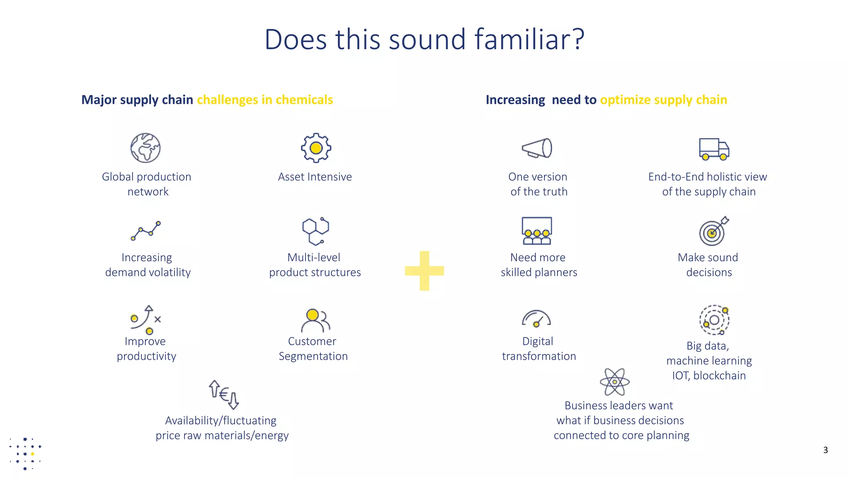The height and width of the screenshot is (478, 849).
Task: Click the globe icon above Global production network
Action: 146,148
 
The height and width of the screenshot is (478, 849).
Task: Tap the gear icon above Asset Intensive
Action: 316,148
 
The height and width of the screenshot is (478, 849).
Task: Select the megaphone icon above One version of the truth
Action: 537,148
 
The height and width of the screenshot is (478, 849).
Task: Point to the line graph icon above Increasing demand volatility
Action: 146,231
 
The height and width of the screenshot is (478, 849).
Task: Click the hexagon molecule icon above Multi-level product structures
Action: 315,231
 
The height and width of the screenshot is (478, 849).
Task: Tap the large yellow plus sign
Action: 424,271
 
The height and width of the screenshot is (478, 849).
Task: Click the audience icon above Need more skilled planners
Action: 537,231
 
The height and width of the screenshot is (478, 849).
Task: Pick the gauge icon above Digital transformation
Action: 536,319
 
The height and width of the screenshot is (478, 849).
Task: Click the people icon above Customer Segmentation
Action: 315,320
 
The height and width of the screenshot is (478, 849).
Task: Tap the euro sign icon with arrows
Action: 224,394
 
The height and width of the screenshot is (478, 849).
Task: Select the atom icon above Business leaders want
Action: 615,382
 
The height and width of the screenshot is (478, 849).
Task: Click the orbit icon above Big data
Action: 714,320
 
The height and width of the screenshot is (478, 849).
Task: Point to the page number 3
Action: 825,450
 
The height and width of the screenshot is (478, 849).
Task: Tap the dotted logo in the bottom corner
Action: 25,454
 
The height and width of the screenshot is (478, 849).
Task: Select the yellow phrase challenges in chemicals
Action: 265,100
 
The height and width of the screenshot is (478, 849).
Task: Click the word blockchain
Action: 719,376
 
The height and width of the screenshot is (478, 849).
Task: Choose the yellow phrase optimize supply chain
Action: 663,100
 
